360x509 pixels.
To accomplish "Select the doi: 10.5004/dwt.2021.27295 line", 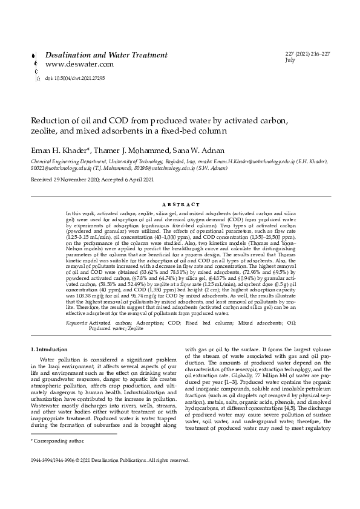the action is click(70, 78).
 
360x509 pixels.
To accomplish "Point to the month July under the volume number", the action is click(290, 61).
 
